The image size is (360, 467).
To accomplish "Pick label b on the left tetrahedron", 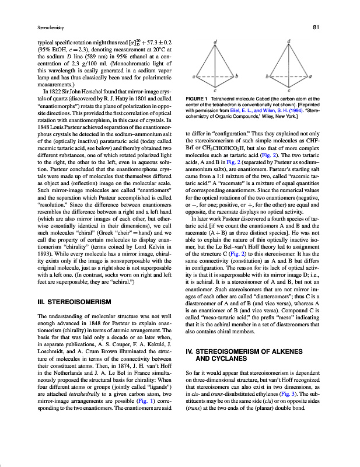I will point(236,76).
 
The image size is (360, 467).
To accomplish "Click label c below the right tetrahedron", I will point(290,91).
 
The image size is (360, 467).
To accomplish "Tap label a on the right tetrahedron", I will point(312,76).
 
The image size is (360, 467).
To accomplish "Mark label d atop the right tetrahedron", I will point(290,41).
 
